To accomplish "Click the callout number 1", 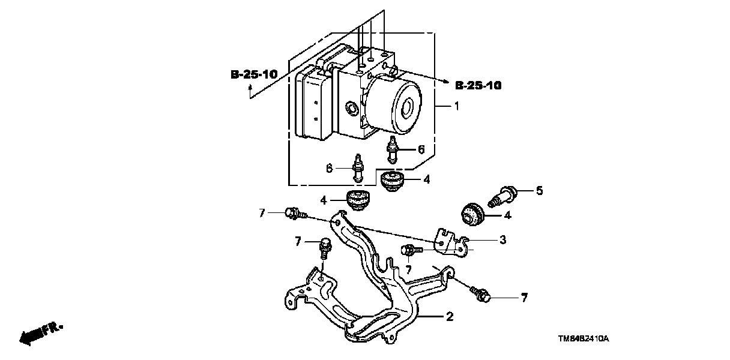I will [456, 107].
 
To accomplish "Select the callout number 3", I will [502, 240].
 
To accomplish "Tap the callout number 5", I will [538, 191].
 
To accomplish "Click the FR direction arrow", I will [37, 334].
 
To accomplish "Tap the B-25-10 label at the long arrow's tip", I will [478, 86].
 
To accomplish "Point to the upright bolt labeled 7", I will [326, 248].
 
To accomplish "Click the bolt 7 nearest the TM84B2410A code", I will [481, 293].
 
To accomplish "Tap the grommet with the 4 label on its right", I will [394, 179].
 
